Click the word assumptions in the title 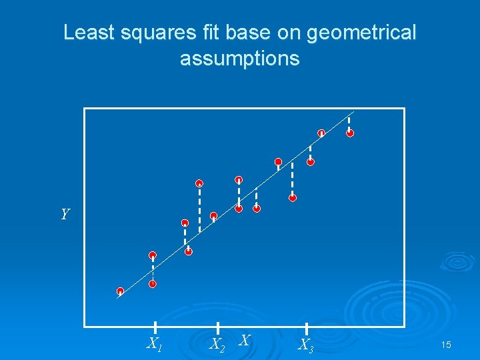click(239, 59)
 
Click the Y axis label click(65, 214)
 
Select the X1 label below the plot click(154, 345)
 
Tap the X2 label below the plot click(217, 345)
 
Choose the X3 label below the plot click(305, 345)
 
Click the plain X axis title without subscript click(245, 341)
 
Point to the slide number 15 click(446, 345)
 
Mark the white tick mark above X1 click(155, 327)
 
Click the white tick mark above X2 click(217, 327)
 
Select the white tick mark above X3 click(306, 327)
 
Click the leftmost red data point click(120, 291)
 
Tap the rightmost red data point click(350, 133)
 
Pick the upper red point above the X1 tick click(153, 255)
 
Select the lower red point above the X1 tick click(153, 284)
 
